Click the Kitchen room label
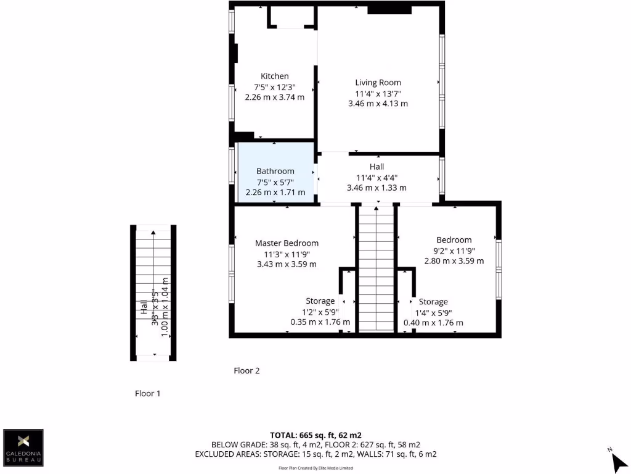coord(274,76)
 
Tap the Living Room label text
coord(378,82)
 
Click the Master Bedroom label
coord(287,243)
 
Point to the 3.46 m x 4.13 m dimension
coord(378,104)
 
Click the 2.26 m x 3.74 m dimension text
coord(275,97)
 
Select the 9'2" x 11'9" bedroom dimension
coord(454,251)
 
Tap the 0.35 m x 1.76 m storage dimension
coord(320,322)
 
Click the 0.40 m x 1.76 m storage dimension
coord(433,323)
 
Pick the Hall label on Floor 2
coord(377,167)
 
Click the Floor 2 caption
coord(246,371)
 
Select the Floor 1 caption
coord(148,393)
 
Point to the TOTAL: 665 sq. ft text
coord(320,435)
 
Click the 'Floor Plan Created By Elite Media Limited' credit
coord(315,468)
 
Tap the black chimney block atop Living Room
coord(389,9)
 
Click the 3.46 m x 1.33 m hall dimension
coord(377,188)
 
